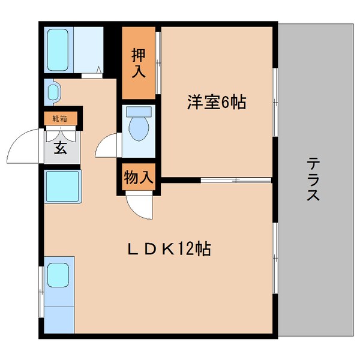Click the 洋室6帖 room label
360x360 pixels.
point(217,103)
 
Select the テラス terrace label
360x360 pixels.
point(313,179)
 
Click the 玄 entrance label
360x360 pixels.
point(61,148)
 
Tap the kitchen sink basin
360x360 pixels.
point(59,275)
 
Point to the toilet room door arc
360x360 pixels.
point(107,146)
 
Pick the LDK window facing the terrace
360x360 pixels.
point(275,258)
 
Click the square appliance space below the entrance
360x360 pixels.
point(62,187)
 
